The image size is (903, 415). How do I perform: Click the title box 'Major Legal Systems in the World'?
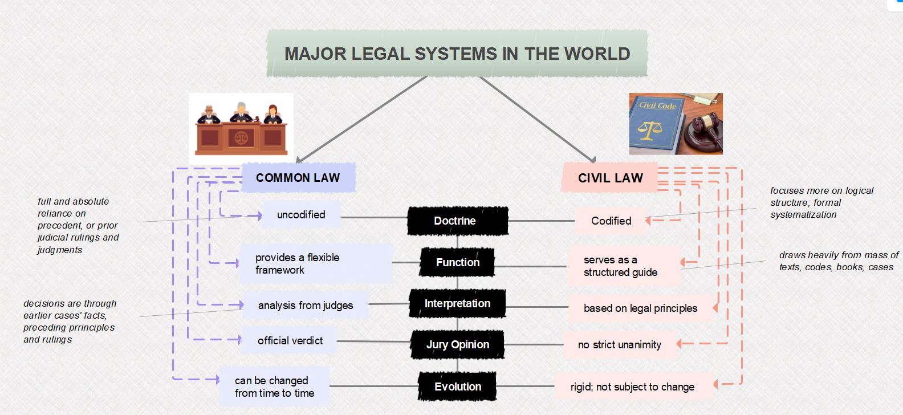[x=457, y=54]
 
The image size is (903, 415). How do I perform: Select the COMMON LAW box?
[x=298, y=178]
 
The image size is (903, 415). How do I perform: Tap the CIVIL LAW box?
[x=610, y=178]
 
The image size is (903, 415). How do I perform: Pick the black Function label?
[x=457, y=262]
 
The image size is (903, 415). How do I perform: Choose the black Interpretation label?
[x=457, y=303]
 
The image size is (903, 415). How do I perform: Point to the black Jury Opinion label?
[x=457, y=344]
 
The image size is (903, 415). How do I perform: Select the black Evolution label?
[x=457, y=386]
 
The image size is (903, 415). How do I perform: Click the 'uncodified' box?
[x=301, y=215]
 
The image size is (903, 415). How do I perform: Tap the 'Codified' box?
[x=611, y=221]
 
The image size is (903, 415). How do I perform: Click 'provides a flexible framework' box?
[x=316, y=263]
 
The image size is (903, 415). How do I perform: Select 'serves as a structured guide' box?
[x=624, y=266]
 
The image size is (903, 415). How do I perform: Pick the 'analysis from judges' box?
[x=306, y=306]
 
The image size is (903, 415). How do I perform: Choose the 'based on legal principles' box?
[x=640, y=308]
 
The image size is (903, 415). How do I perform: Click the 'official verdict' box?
[x=290, y=341]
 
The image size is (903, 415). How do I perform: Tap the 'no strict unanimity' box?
[x=620, y=345]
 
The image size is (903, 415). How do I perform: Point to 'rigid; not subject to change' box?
[x=633, y=387]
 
